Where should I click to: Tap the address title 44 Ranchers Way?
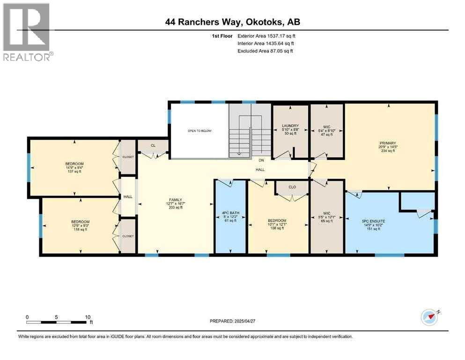[232, 22]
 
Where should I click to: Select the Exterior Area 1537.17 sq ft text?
[266, 36]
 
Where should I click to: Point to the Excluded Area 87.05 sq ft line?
[265, 51]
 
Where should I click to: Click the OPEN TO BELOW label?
[200, 131]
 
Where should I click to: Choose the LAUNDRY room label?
[290, 126]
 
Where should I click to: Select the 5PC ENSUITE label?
[374, 221]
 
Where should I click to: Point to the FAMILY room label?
[175, 199]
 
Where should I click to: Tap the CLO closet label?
[292, 187]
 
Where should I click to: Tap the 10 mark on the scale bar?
[88, 317]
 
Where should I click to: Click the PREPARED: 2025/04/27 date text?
[232, 321]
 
